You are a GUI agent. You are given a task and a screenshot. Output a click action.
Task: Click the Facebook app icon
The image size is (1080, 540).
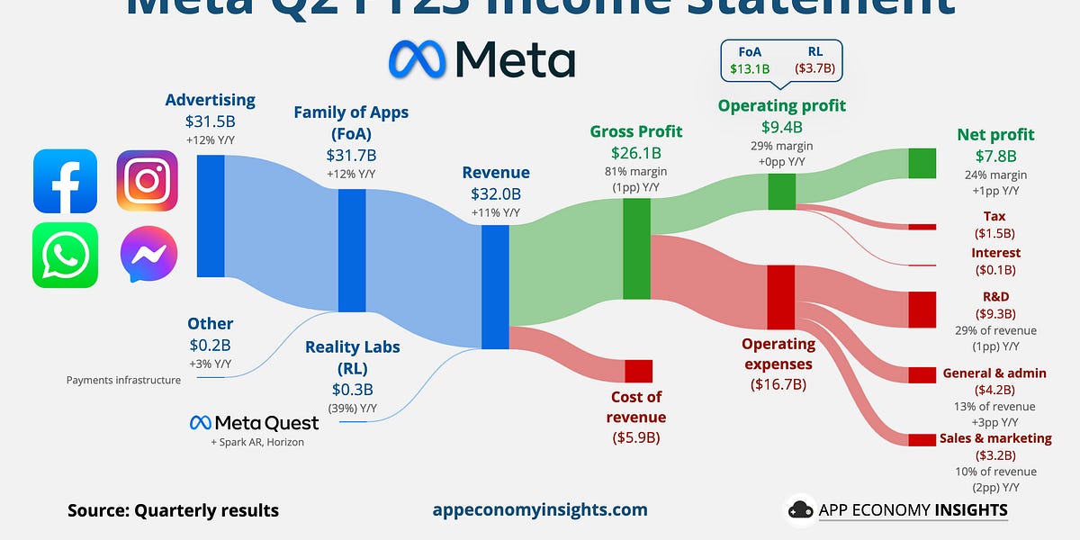click(65, 181)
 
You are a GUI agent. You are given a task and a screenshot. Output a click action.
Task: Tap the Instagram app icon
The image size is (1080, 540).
click(147, 181)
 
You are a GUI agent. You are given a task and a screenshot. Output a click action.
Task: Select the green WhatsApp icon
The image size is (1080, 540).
click(65, 255)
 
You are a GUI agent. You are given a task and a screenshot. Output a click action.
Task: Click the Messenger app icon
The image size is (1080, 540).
click(148, 255)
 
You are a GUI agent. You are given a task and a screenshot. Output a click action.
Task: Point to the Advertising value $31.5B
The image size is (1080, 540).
click(210, 121)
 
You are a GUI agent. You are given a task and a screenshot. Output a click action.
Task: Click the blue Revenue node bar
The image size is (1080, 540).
click(495, 286)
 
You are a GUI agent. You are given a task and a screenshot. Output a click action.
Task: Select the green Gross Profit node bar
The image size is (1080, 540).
click(636, 248)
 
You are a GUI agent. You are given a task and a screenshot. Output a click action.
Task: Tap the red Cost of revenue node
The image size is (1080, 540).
click(638, 371)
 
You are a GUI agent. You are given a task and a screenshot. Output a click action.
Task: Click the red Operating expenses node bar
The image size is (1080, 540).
click(780, 297)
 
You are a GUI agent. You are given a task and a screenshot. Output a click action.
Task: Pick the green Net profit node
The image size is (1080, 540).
click(922, 163)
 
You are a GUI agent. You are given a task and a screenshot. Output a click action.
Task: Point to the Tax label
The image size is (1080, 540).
click(994, 216)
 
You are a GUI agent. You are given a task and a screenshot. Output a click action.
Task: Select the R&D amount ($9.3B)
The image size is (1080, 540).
click(994, 314)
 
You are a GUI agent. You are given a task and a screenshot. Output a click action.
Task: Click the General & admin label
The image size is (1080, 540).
click(994, 373)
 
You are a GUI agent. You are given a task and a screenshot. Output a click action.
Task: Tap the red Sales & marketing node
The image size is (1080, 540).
click(922, 439)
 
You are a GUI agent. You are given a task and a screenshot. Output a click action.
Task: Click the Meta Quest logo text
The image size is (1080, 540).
click(254, 423)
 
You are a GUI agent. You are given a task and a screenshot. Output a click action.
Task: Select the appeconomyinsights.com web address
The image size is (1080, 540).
click(540, 509)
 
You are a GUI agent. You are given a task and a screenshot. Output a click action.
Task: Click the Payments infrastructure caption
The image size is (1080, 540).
click(123, 380)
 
